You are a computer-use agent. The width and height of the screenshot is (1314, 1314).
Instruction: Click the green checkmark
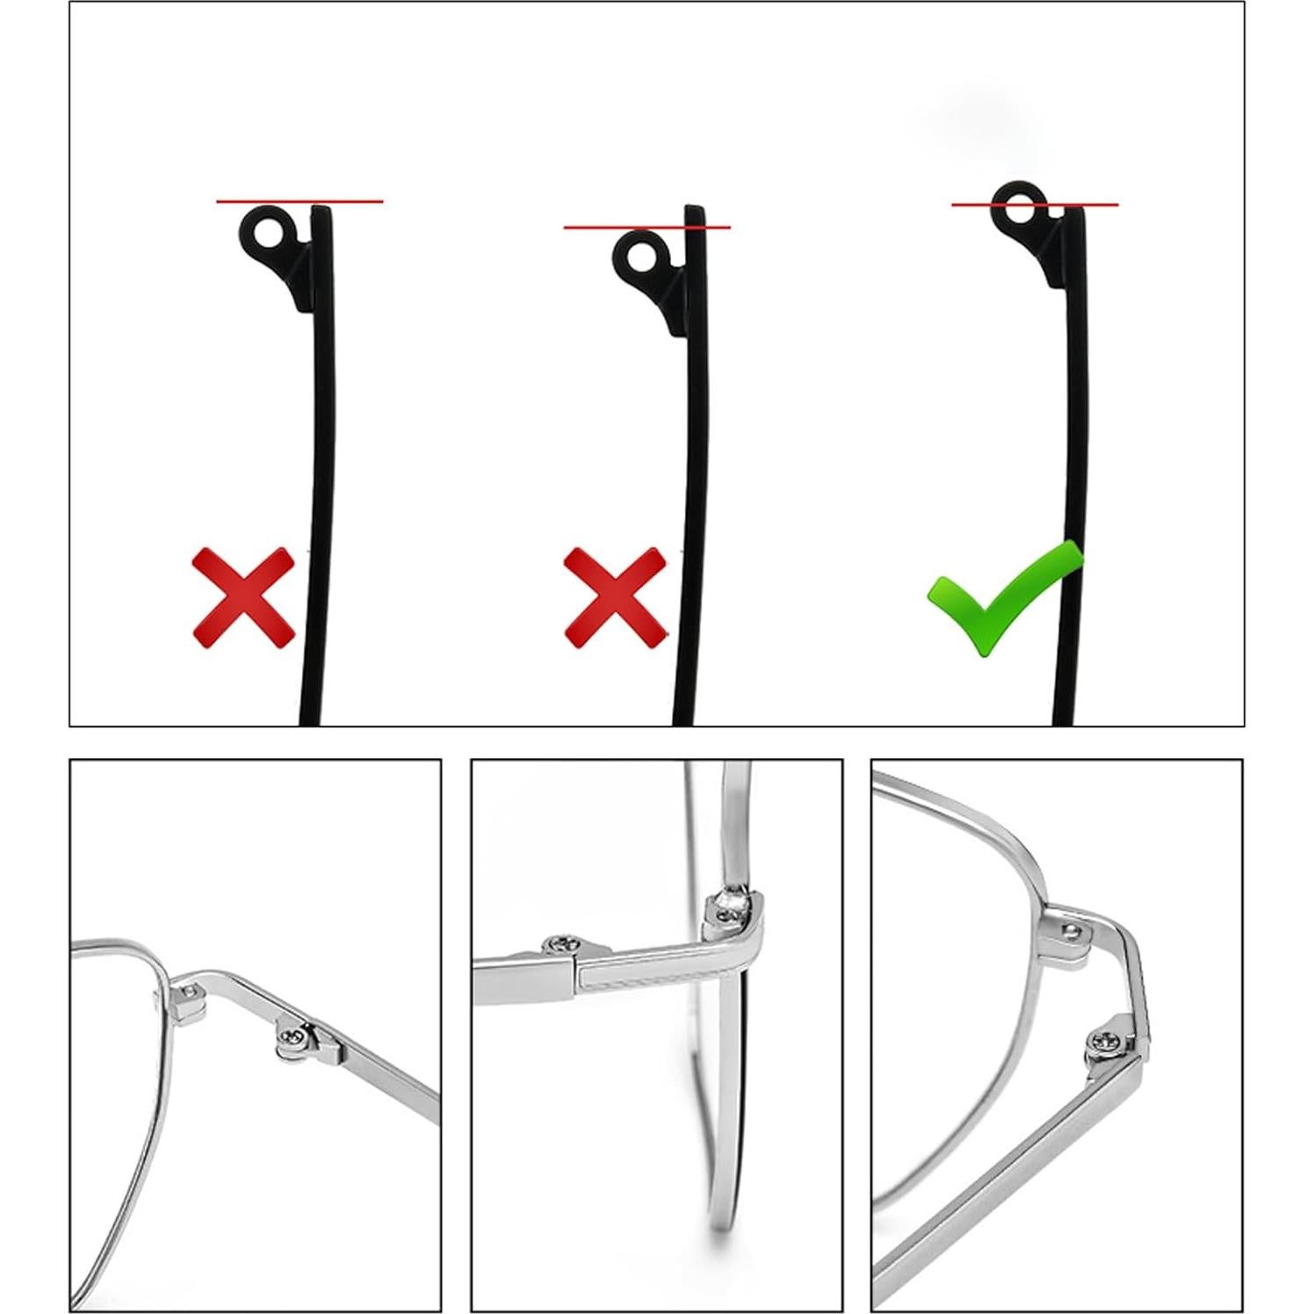point(1001,597)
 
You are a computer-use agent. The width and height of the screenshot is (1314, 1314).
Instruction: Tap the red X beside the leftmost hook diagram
point(243,597)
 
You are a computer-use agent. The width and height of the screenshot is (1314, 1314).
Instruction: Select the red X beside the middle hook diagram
point(615,597)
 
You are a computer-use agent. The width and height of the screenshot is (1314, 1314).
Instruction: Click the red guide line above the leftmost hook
point(264,201)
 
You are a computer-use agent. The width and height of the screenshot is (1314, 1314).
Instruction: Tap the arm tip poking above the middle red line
point(695,215)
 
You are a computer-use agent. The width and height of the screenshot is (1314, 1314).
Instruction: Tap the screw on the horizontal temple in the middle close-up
point(559,946)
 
